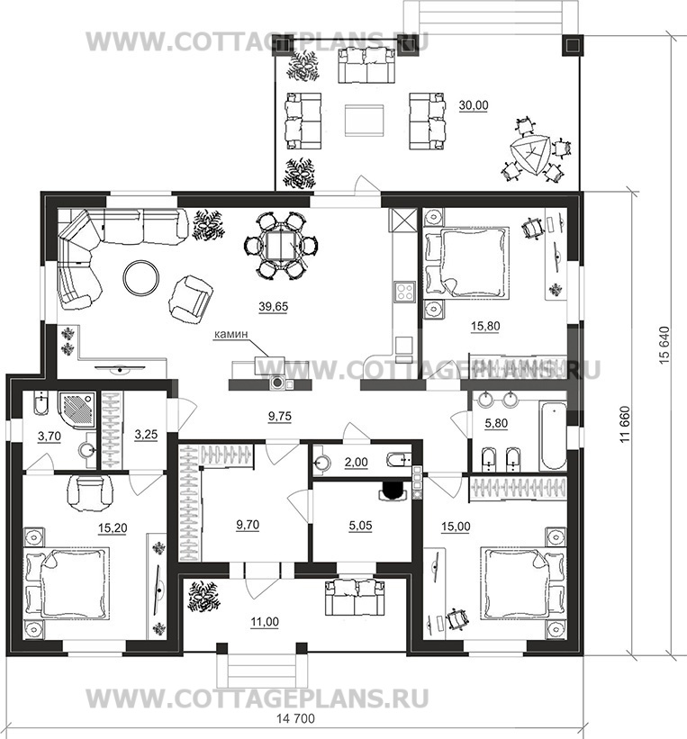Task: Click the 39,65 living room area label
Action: point(273,307)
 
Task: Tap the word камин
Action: point(231,334)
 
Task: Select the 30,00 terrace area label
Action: point(474,105)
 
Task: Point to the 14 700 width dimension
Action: point(295,718)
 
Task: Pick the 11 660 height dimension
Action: point(625,424)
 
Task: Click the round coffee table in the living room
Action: point(141,278)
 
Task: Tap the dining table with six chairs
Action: point(281,246)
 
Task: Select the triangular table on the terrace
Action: point(529,155)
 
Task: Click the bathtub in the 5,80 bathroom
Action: point(553,435)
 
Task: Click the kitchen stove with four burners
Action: point(404,292)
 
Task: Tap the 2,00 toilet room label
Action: point(356,463)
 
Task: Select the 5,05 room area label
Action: point(360,526)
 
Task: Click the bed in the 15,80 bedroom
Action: point(466,263)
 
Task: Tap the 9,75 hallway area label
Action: point(280,417)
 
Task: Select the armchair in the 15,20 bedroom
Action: point(92,493)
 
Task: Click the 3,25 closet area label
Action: point(146,435)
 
